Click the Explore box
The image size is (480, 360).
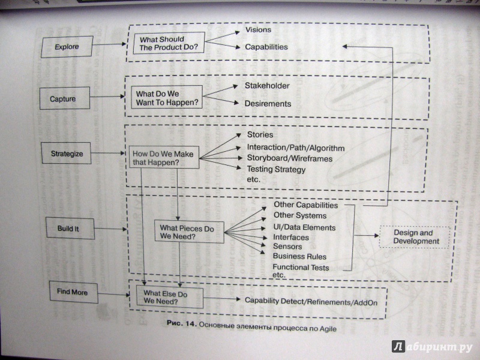point(67,47)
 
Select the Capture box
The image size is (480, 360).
point(65,98)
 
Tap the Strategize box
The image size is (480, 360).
point(66,153)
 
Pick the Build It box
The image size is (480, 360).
point(70,229)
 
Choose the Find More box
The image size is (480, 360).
point(73,292)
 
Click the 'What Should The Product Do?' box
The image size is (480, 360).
point(169,43)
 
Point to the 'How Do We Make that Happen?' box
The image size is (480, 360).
point(164,157)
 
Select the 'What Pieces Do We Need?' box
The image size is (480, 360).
point(189,232)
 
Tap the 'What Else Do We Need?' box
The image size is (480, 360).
point(170,297)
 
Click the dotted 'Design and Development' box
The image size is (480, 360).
point(415,237)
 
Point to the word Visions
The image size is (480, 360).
point(258,29)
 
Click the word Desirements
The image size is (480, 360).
point(268,104)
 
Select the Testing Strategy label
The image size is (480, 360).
point(276,170)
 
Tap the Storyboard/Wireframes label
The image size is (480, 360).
point(290,158)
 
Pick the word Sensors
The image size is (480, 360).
point(287,247)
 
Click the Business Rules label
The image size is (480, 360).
point(299,257)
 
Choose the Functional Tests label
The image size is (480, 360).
point(301,267)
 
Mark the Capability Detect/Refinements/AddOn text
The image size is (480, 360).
point(311,302)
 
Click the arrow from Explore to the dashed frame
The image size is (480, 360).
point(110,44)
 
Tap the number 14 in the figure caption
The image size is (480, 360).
point(190,323)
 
